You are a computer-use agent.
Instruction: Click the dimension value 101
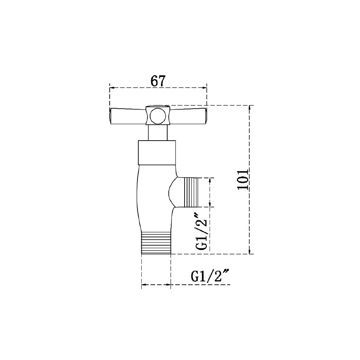coord(243,180)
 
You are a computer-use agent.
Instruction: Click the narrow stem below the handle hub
coord(157,133)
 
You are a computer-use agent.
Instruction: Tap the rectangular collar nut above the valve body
coord(157,153)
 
